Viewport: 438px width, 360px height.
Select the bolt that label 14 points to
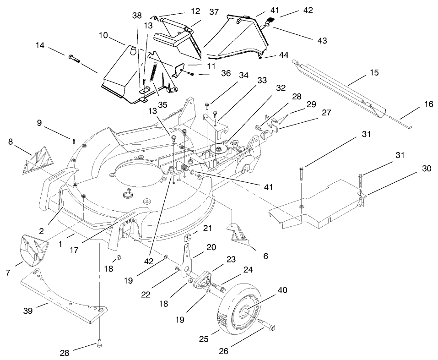pyautogui.click(x=74, y=58)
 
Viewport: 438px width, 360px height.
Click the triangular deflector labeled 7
pyautogui.click(x=34, y=251)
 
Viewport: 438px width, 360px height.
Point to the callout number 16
pyautogui.click(x=428, y=104)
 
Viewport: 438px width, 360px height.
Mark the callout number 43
pyautogui.click(x=322, y=41)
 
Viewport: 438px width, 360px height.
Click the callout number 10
pyautogui.click(x=103, y=35)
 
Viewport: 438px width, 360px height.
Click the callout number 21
pyautogui.click(x=208, y=228)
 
